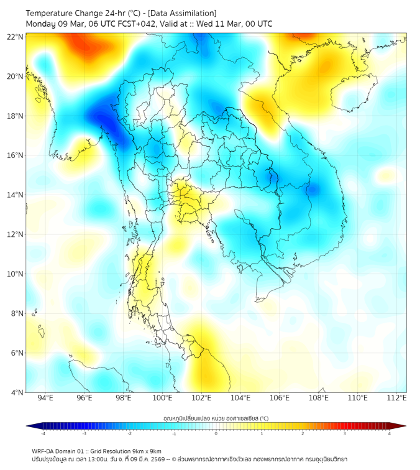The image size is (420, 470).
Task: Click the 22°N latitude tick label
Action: click(x=16, y=37)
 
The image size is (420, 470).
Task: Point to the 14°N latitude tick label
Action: click(x=16, y=195)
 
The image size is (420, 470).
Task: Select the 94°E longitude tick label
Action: click(x=45, y=398)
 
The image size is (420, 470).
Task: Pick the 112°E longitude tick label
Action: click(x=397, y=398)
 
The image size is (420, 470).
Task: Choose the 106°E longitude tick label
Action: click(x=280, y=398)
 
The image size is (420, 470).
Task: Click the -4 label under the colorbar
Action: click(x=43, y=433)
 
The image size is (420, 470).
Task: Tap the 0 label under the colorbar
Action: click(x=216, y=433)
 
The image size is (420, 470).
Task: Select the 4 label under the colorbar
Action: click(x=390, y=433)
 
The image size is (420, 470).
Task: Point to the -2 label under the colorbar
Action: click(x=129, y=433)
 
